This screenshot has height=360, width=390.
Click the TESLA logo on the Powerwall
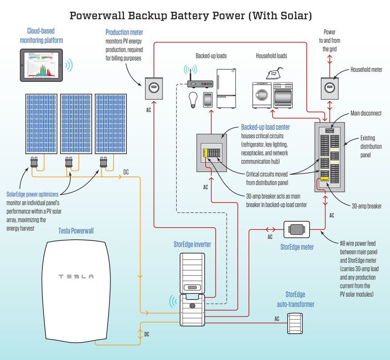coord(77,277)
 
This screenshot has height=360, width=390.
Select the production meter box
coord(153,88)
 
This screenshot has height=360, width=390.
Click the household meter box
coord(329,88)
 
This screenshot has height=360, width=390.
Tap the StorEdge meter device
coord(297,230)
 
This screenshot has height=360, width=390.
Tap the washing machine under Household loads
coord(261,95)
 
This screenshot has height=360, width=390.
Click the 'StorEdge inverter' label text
coord(192,244)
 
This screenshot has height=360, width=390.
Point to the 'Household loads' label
coord(271,56)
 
